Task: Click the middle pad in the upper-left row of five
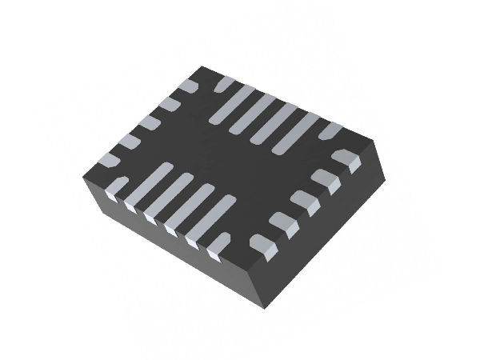click(148, 122)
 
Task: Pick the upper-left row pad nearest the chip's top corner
click(188, 86)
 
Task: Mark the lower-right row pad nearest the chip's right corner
click(346, 160)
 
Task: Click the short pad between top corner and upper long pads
click(225, 83)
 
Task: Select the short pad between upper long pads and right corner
click(330, 130)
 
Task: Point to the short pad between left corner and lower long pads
click(118, 186)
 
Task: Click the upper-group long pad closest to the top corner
click(232, 105)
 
